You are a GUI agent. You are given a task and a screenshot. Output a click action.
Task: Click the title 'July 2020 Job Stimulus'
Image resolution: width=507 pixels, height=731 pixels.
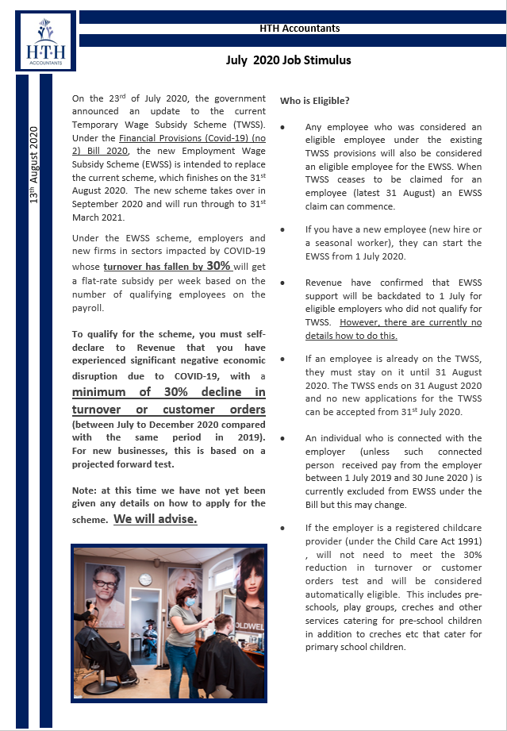(x=288, y=60)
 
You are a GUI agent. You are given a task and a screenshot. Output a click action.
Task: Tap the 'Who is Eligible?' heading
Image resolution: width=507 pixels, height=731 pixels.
(x=315, y=101)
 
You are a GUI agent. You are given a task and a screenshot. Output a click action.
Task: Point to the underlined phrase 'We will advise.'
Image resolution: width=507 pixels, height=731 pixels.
(x=156, y=519)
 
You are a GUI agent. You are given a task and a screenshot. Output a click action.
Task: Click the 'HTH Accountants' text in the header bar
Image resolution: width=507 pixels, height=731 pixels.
(x=300, y=29)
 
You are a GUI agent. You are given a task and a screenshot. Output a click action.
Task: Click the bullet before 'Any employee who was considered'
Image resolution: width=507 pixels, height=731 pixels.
(x=283, y=128)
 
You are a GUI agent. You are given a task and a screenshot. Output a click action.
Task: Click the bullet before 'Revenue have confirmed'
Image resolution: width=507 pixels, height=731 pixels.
(x=283, y=283)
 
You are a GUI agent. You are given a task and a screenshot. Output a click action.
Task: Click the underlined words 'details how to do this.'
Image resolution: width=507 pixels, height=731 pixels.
(x=352, y=336)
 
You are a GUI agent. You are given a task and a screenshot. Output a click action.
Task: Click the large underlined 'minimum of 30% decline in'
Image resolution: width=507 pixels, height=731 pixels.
(x=168, y=392)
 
